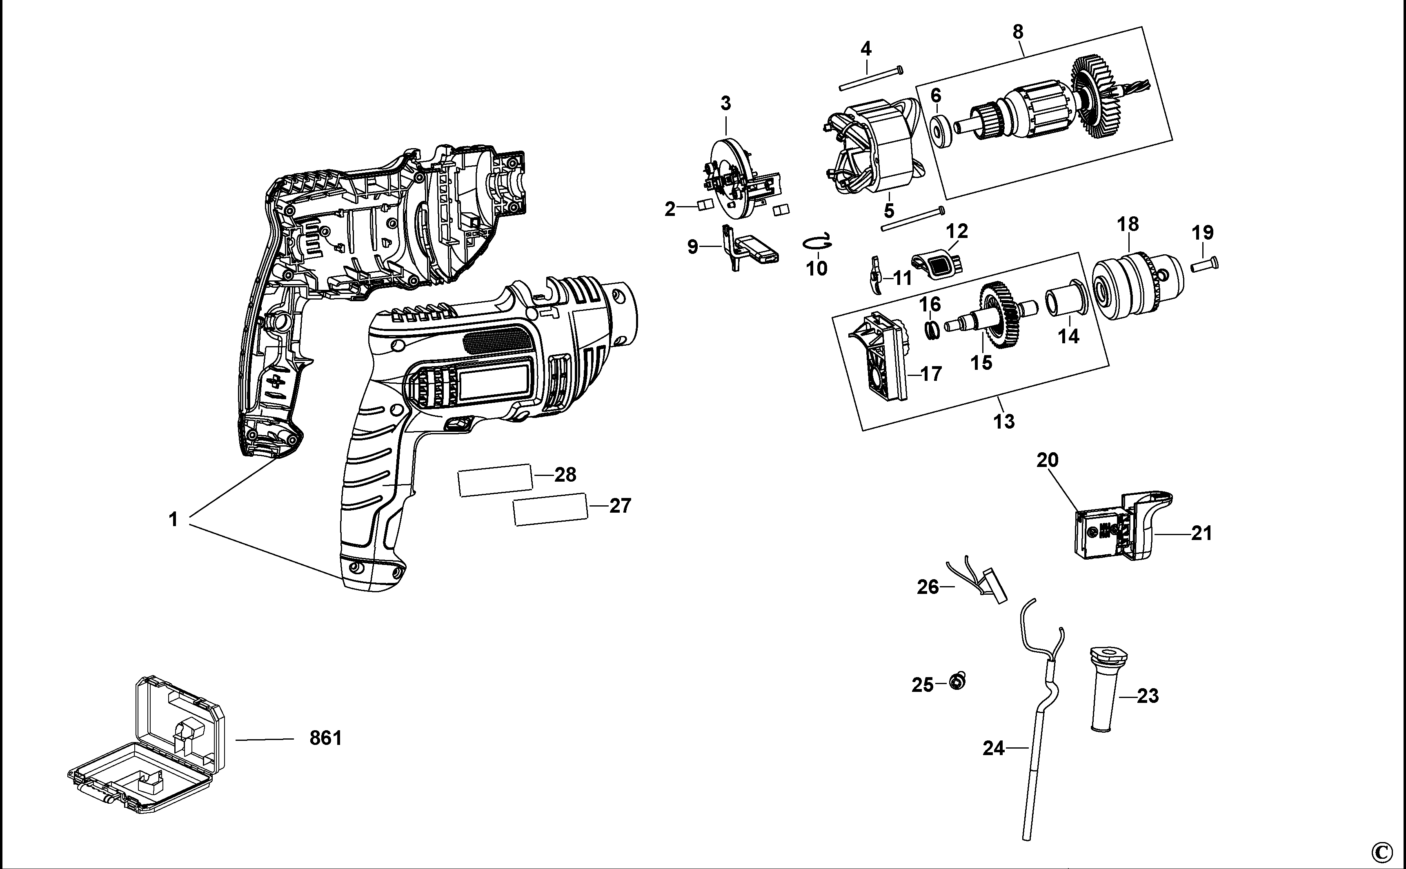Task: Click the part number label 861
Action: (x=325, y=738)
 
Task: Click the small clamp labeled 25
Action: (x=957, y=681)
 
